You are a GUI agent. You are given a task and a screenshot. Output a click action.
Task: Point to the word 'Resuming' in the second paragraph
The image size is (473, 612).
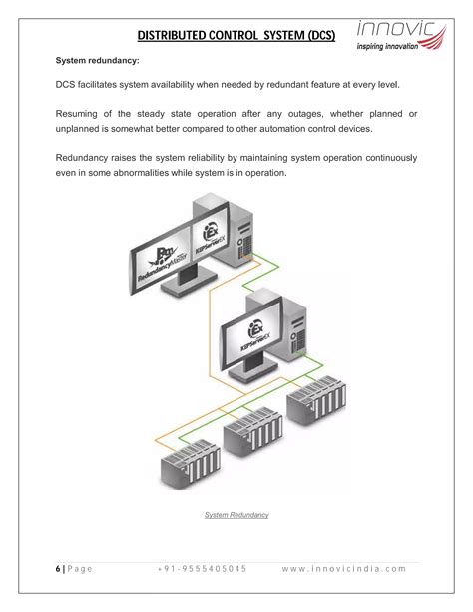81,112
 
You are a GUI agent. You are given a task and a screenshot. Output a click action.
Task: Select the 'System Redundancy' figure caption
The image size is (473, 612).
236,515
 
